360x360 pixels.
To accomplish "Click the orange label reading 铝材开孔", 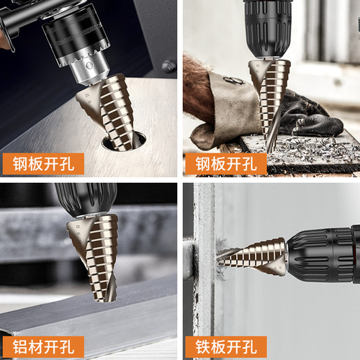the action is click(43, 347).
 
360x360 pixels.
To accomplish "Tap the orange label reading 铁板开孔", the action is click(226, 347).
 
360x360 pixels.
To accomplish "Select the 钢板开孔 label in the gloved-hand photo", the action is click(226, 163).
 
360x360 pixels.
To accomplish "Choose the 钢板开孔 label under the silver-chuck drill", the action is click(43, 163).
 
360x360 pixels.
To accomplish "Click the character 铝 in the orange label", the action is click(20, 347).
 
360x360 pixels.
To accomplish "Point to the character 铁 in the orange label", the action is click(203, 347).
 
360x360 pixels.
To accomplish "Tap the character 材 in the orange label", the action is click(35, 347).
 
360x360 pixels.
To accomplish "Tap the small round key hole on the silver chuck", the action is click(89, 65).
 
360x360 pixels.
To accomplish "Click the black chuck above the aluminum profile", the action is click(86, 199).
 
